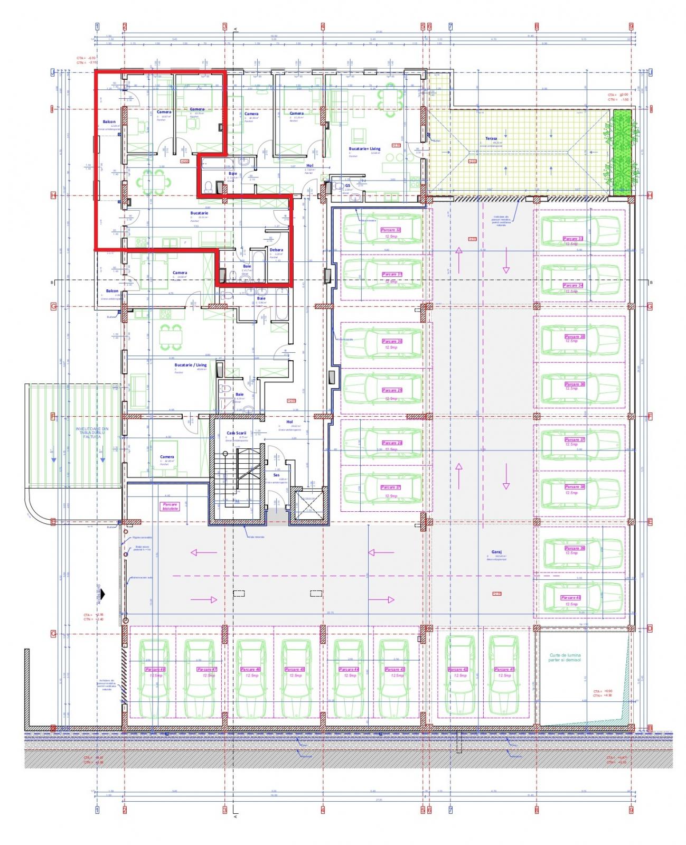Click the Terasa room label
point(491,138)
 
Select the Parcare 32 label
point(391,230)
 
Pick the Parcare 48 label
point(155,669)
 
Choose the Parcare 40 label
point(571,598)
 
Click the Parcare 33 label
point(572,239)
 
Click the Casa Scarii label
point(237,433)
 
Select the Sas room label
point(276,475)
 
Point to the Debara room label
point(276,250)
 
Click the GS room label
point(347,186)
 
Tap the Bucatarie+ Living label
point(364,149)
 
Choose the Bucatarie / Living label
point(191,365)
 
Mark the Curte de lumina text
point(565,658)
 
